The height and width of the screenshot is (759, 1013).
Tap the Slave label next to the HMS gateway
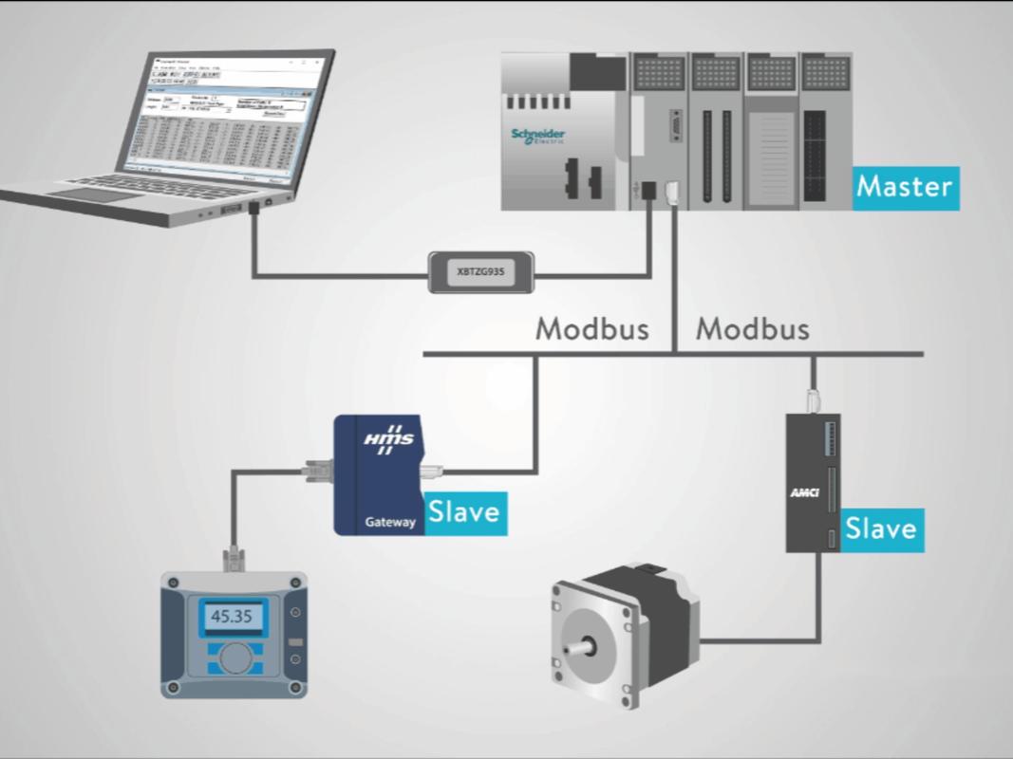coord(463,512)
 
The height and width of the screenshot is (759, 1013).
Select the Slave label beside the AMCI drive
coord(880,528)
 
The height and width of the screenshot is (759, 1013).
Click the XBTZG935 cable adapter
coord(481,270)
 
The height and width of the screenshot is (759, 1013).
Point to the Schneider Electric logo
coord(537,136)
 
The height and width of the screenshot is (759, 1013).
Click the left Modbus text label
coord(592,329)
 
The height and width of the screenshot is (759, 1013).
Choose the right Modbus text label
coord(753,329)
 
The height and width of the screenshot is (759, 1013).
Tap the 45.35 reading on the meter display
coord(232,616)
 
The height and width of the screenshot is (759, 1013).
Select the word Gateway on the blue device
coord(390,522)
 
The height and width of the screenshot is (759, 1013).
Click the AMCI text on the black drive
coord(803,492)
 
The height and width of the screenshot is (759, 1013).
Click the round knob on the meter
coord(234,656)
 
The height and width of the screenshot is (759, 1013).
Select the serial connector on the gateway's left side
coord(317,467)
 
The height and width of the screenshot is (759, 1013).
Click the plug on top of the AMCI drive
coord(813,400)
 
